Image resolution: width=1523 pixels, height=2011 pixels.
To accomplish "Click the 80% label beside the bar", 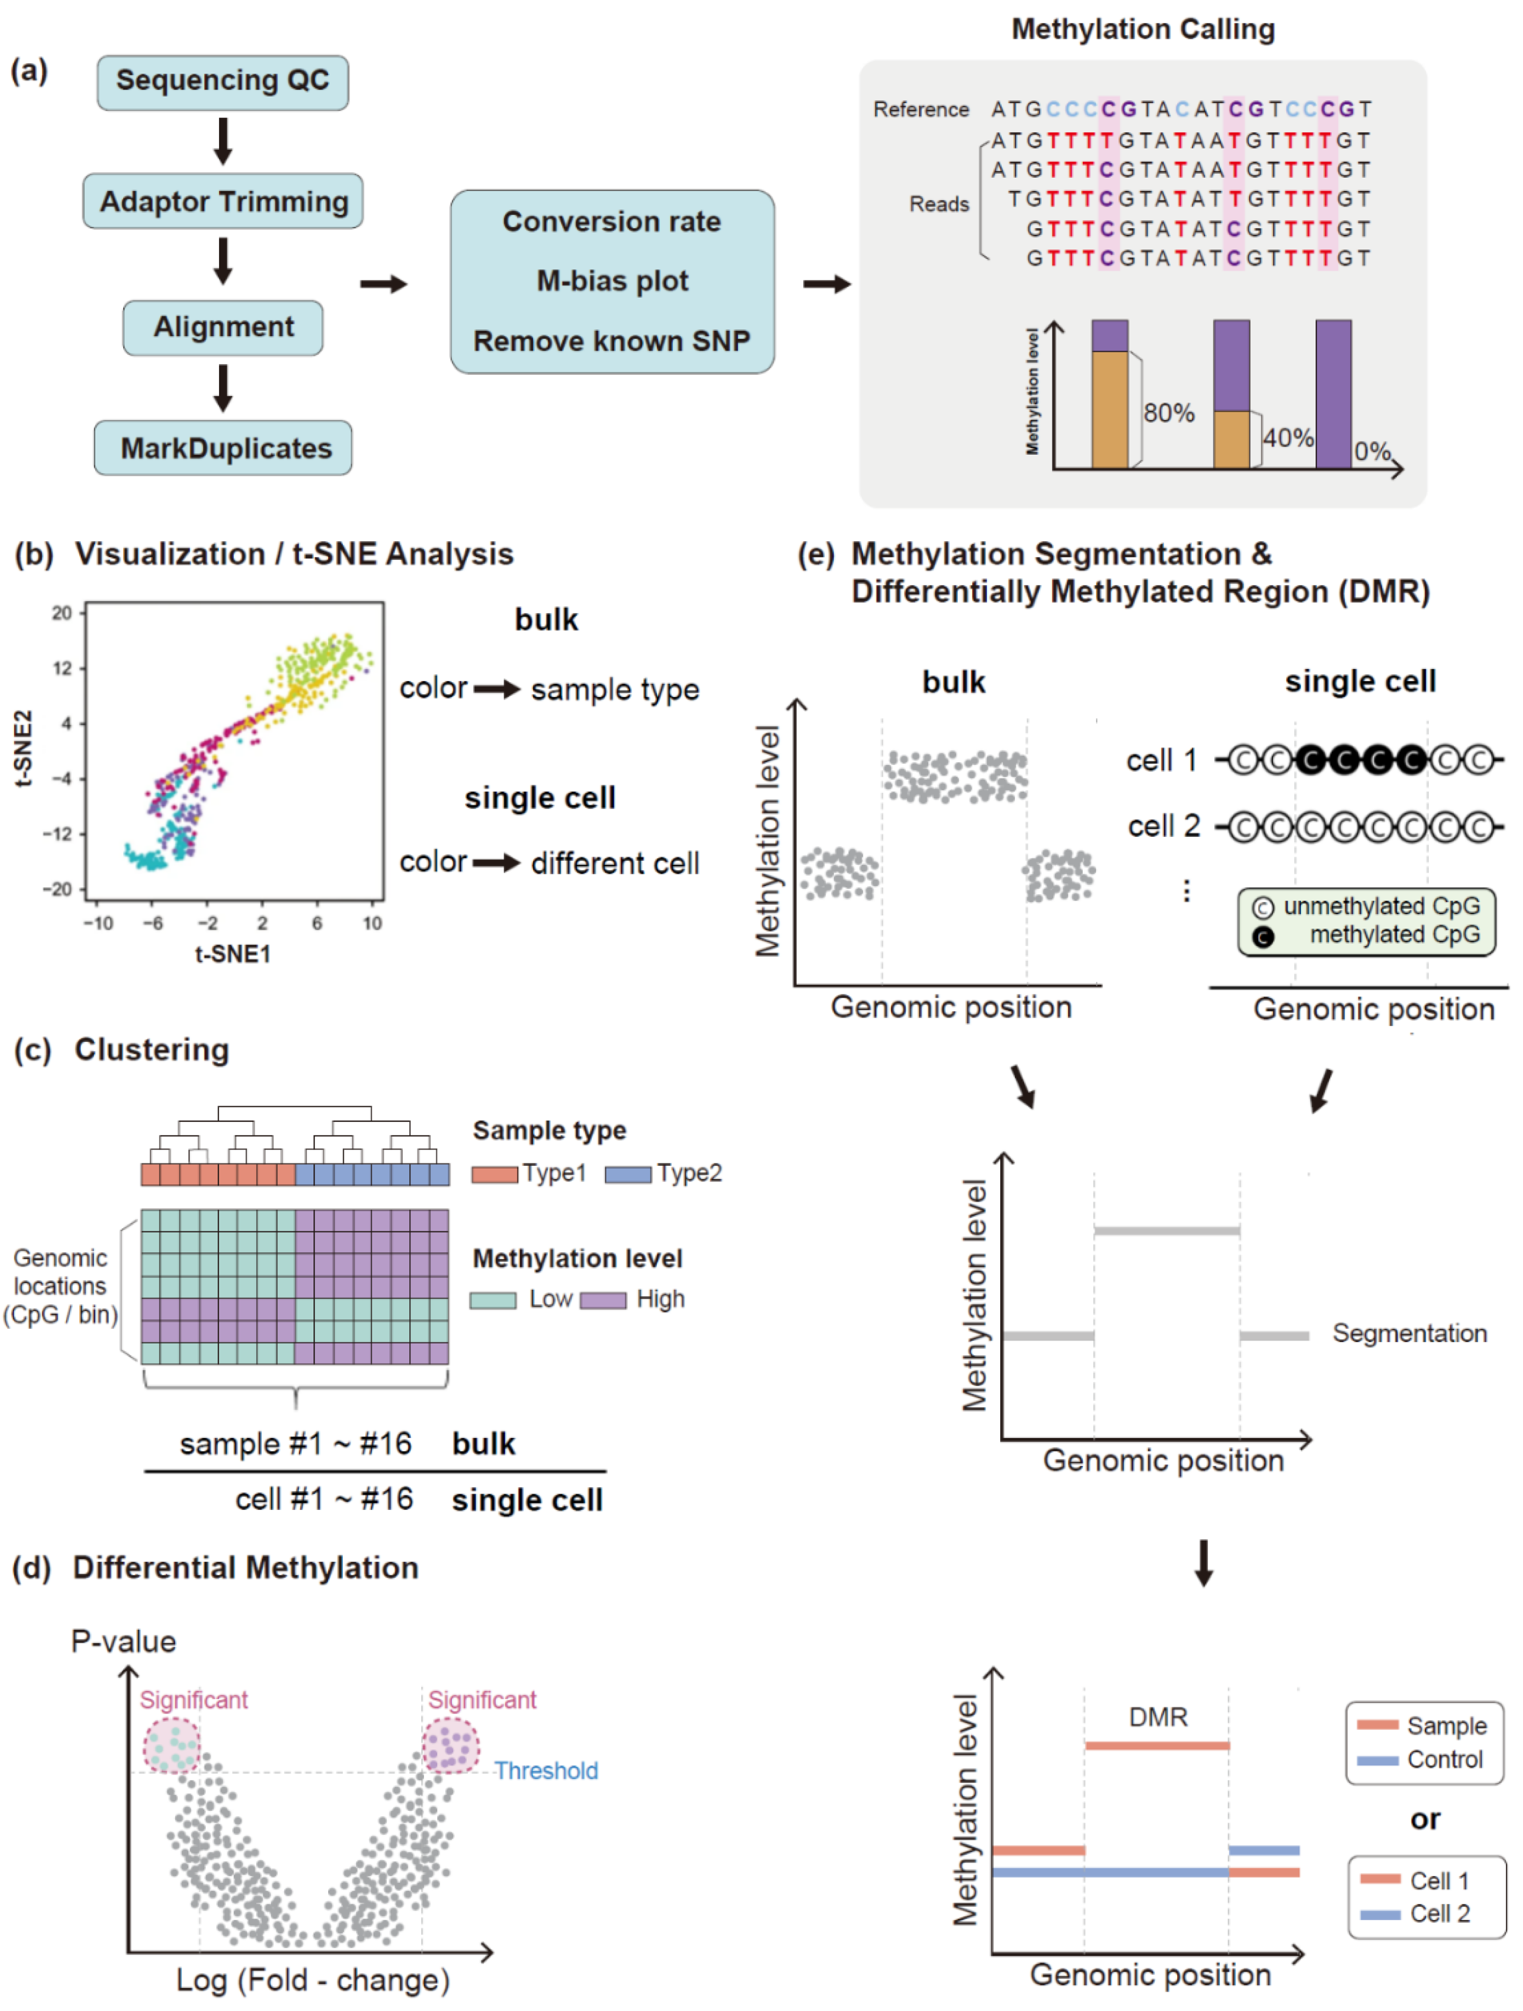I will pyautogui.click(x=1168, y=414).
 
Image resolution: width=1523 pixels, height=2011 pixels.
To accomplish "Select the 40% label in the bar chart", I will pyautogui.click(x=1288, y=438).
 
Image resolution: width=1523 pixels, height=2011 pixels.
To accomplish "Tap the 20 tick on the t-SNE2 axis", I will pyautogui.click(x=62, y=614).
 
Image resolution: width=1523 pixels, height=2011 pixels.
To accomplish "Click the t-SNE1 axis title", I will pyautogui.click(x=233, y=954).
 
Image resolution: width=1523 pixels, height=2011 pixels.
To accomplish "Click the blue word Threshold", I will pyautogui.click(x=546, y=1771).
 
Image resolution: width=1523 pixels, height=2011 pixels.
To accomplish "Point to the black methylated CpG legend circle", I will pyautogui.click(x=1262, y=936).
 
